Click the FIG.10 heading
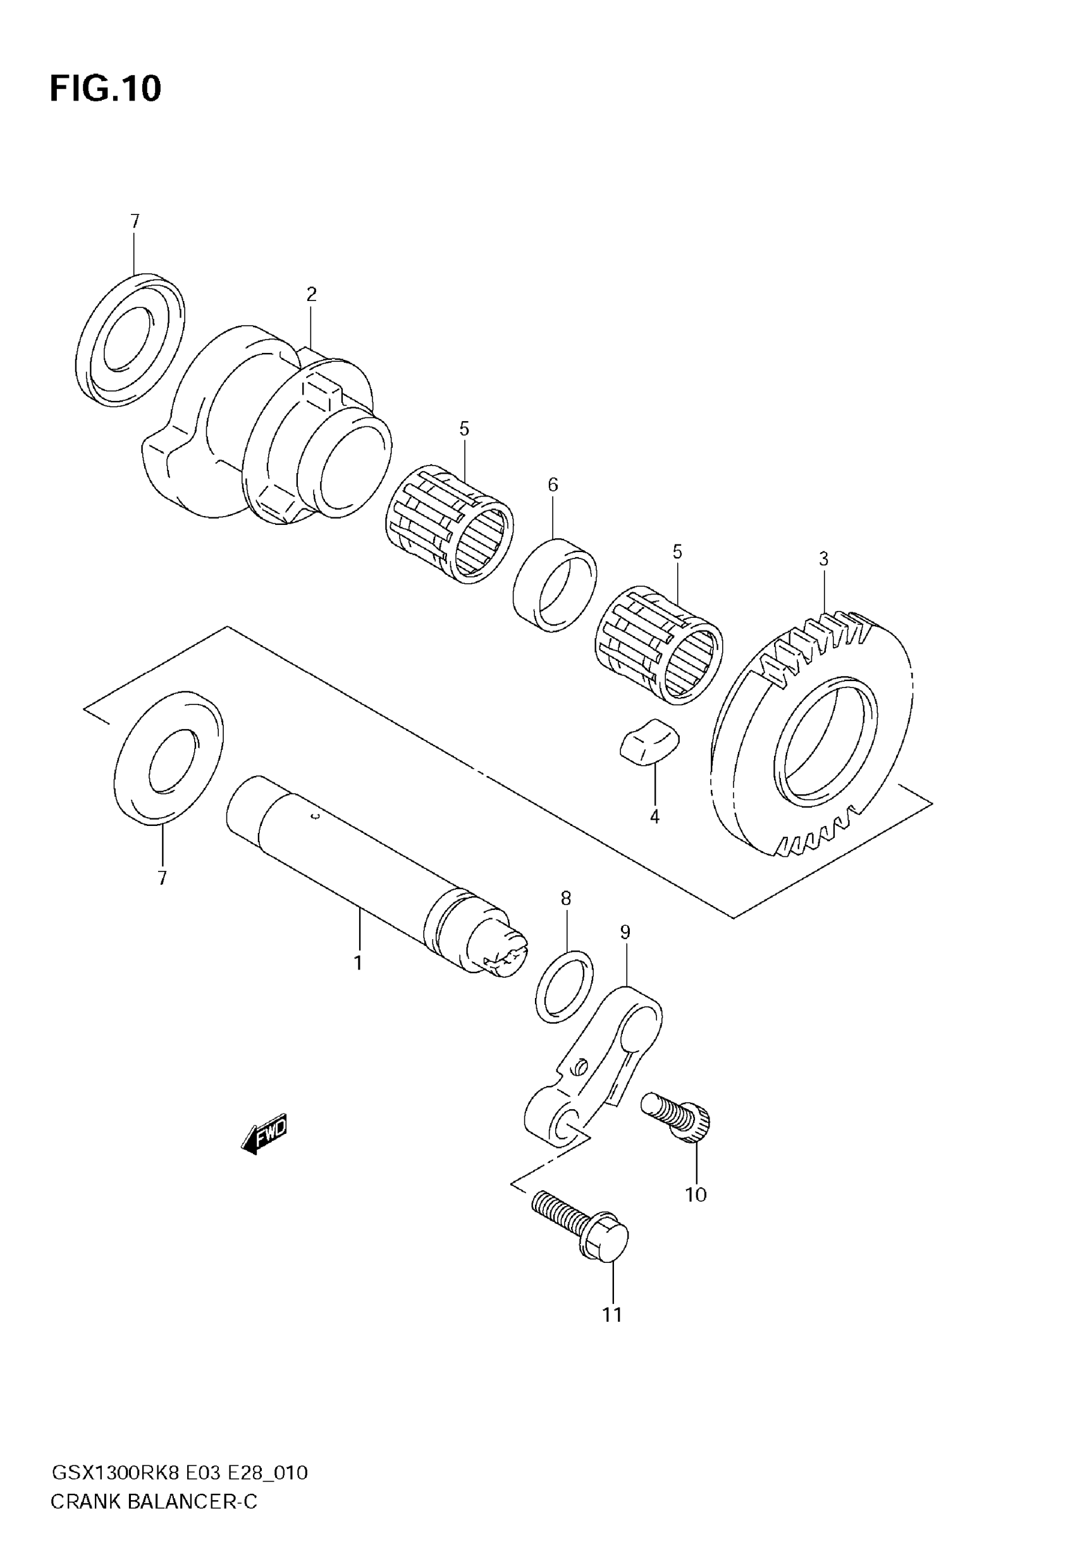pos(106,89)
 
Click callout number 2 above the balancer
pos(311,294)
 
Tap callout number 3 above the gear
pos(823,559)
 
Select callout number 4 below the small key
pos(654,818)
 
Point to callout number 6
pos(553,485)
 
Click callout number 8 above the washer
pos(566,899)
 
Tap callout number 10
pos(696,1195)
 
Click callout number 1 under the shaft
pos(358,964)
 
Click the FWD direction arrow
pos(265,1135)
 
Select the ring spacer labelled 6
pos(555,584)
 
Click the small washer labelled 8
pos(565,986)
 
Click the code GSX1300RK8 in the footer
pos(115,1474)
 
